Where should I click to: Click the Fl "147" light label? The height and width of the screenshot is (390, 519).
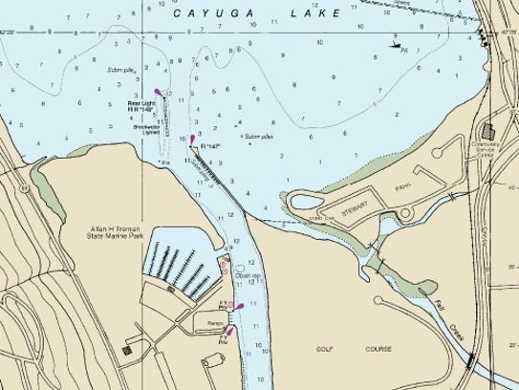click(207, 148)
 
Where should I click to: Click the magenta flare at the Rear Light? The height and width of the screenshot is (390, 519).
click(159, 94)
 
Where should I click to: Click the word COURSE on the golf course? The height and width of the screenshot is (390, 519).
click(378, 350)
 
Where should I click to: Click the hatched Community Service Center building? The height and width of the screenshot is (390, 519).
click(489, 130)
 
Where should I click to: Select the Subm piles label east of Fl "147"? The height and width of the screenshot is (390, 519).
click(258, 137)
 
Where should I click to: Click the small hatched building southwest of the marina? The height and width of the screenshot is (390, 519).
click(127, 351)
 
